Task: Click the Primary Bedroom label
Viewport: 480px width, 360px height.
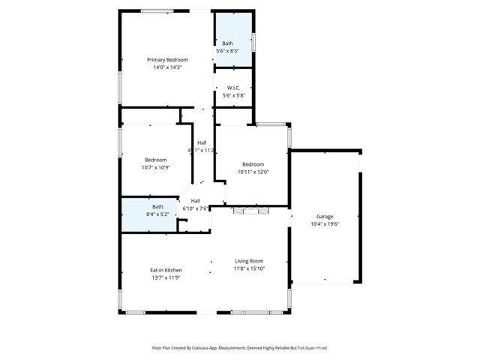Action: (167, 59)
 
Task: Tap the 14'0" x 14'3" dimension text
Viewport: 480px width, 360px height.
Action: (167, 67)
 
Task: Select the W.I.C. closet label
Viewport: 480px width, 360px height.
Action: (232, 87)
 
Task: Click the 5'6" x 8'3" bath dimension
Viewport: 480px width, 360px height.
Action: (227, 51)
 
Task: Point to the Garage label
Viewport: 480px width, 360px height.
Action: (325, 216)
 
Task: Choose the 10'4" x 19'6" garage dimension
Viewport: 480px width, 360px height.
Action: (325, 223)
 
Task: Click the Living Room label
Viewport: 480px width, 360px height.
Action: (249, 260)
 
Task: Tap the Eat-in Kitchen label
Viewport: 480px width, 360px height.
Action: (166, 270)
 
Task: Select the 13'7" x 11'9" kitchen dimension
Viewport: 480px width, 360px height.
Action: (166, 277)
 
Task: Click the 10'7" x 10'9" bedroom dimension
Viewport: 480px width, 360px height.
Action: (156, 167)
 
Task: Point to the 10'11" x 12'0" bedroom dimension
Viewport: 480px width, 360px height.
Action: (253, 172)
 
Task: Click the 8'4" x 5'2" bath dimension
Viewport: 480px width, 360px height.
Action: (157, 214)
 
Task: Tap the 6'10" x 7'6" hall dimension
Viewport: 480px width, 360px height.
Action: (195, 208)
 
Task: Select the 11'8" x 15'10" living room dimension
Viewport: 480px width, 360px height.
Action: (249, 268)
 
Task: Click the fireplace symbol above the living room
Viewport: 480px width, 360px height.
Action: (250, 211)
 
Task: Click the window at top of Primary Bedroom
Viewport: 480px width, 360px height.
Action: (157, 10)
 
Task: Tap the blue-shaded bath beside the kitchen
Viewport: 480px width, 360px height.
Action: (150, 214)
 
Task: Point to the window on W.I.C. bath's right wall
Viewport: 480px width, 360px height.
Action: (253, 41)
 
